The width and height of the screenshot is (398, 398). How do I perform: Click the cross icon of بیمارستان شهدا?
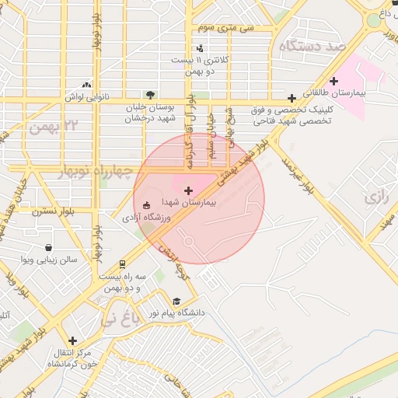tap(187, 190)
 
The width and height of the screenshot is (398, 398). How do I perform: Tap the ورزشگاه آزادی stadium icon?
tap(147, 206)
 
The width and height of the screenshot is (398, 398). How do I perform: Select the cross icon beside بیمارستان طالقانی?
tap(334, 81)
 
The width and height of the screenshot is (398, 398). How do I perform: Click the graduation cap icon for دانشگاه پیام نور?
tap(176, 301)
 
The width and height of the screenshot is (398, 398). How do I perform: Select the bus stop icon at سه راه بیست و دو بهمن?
tap(122, 265)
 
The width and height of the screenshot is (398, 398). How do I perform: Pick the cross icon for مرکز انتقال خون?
tap(72, 340)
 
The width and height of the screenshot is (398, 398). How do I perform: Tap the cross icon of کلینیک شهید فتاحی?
tap(292, 98)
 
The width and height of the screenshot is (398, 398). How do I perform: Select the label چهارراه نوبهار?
tap(96, 170)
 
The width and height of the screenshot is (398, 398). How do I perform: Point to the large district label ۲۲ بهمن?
tap(55, 126)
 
